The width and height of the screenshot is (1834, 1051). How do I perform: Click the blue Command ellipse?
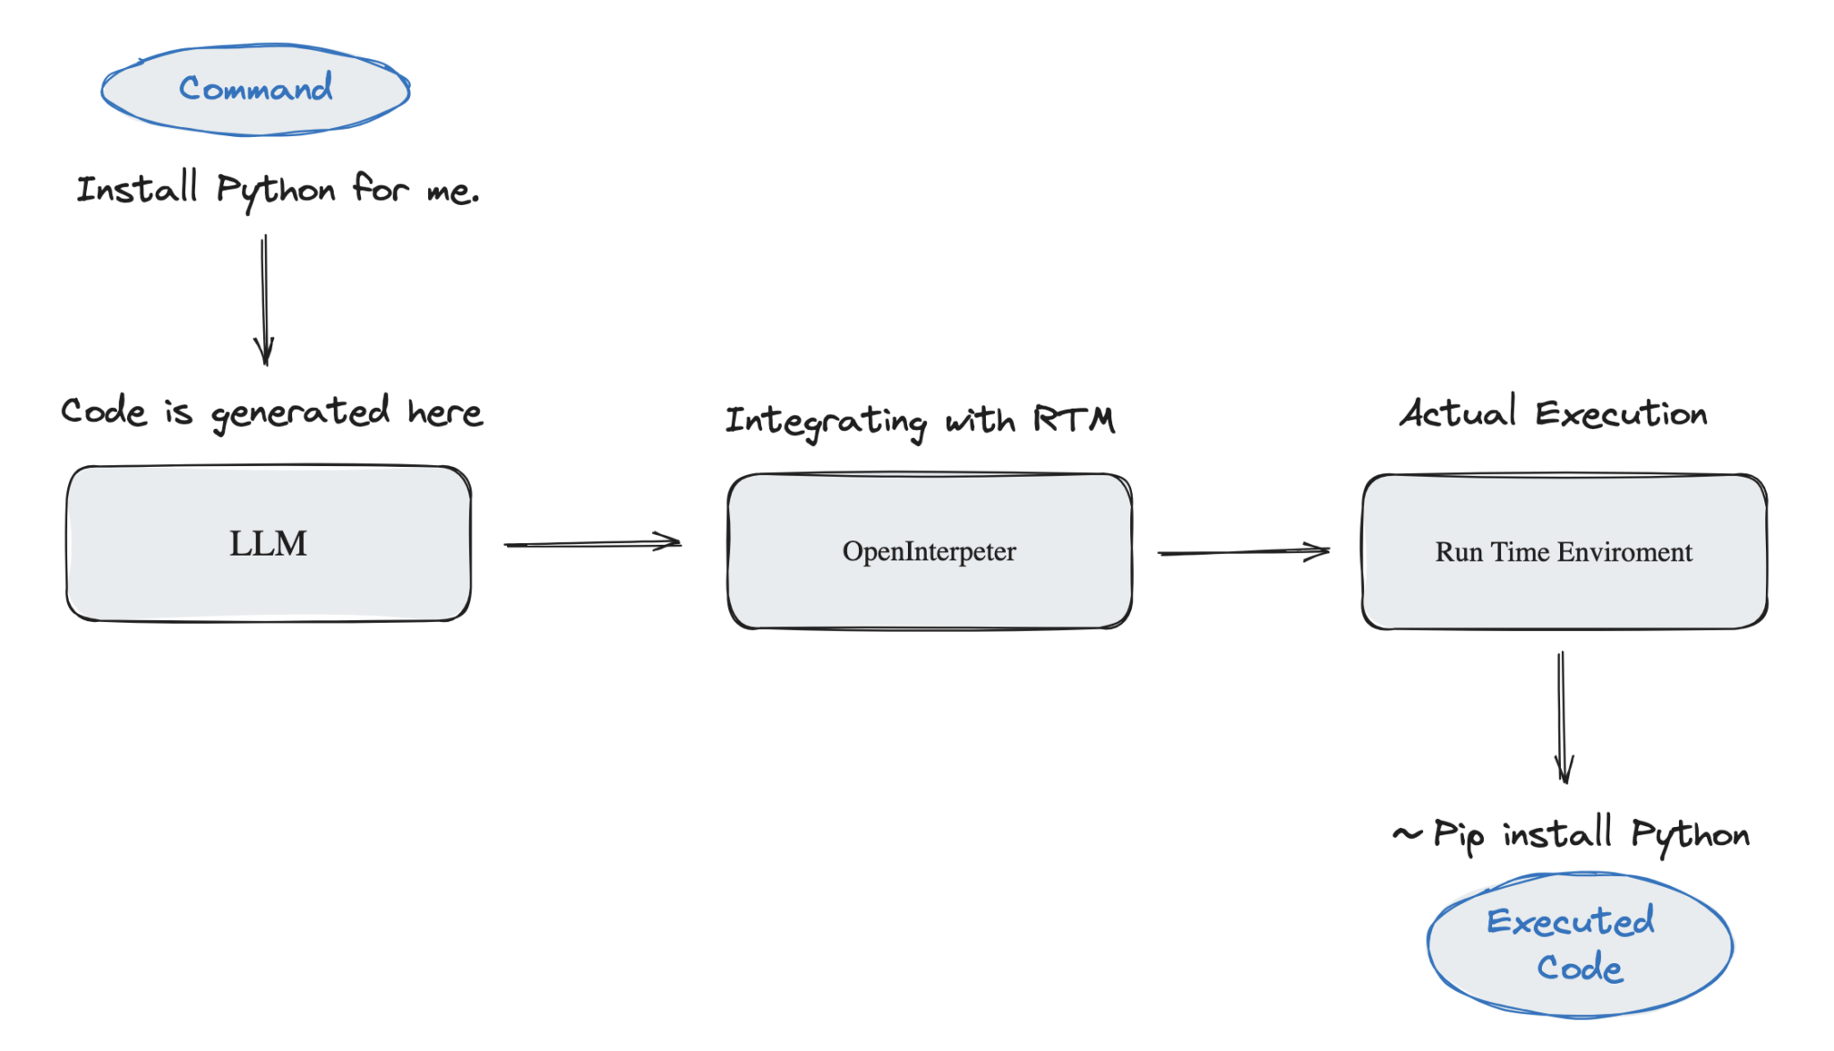tap(255, 90)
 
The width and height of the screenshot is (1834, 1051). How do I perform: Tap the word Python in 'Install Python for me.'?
tap(276, 191)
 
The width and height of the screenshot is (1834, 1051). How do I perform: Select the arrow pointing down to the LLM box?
tap(264, 300)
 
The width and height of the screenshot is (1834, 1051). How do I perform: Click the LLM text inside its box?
tap(268, 544)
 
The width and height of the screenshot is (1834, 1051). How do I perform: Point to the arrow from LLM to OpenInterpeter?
tap(592, 543)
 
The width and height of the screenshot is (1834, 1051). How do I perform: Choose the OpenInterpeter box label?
tap(929, 551)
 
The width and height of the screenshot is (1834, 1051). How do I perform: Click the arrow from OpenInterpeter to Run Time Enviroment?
tap(1243, 552)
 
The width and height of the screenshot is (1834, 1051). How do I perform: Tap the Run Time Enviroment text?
tap(1564, 552)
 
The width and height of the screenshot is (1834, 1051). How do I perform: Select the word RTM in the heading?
tap(1074, 419)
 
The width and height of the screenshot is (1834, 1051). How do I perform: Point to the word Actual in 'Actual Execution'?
tap(1458, 413)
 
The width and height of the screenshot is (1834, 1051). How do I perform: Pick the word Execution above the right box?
tap(1621, 414)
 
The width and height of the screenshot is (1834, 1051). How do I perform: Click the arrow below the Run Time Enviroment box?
tap(1563, 717)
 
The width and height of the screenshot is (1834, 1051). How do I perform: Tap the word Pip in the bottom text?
tap(1458, 835)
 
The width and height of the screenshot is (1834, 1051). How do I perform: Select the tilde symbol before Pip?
tap(1407, 834)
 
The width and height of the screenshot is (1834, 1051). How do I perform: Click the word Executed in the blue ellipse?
tap(1570, 921)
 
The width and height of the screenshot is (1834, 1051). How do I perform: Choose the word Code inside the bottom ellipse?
tap(1580, 968)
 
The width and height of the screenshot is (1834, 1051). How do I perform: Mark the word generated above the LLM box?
tap(300, 413)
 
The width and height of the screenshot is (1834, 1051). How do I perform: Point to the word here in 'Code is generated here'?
tap(445, 413)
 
